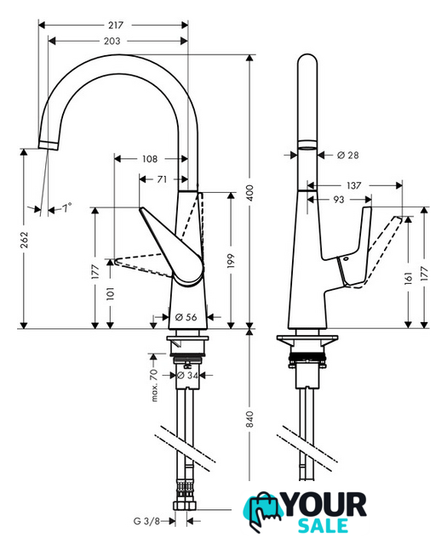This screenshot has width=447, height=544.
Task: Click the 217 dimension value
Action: tap(116, 25)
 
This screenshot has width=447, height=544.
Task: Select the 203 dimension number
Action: tap(112, 42)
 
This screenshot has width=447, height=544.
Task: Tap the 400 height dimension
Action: tap(250, 193)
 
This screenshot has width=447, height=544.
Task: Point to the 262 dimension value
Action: tap(24, 240)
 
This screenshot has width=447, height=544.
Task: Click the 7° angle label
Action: tap(66, 207)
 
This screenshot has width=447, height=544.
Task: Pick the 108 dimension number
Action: tap(150, 159)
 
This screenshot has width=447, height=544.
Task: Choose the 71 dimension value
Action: tap(162, 179)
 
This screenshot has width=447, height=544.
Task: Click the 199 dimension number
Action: tap(231, 261)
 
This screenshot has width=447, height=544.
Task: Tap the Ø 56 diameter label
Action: tap(186, 317)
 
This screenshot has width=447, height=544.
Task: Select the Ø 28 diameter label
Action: tap(347, 155)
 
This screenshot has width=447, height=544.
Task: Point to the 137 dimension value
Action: tap(353, 185)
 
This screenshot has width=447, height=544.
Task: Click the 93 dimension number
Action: tap(339, 200)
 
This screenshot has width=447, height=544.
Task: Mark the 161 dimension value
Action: tap(409, 278)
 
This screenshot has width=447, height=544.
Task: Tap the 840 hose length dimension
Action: tap(250, 419)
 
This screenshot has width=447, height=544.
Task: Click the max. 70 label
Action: tap(154, 385)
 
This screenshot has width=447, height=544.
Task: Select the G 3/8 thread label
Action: tap(146, 521)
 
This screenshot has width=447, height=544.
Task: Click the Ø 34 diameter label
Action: tap(187, 375)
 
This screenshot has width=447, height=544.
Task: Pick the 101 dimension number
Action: tap(110, 293)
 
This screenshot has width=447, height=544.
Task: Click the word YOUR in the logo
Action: tap(325, 505)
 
